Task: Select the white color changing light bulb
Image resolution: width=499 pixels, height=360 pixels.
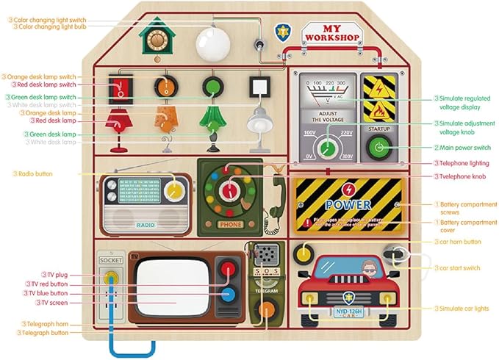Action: click(212, 42)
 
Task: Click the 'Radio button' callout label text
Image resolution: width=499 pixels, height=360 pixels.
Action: click(36, 174)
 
